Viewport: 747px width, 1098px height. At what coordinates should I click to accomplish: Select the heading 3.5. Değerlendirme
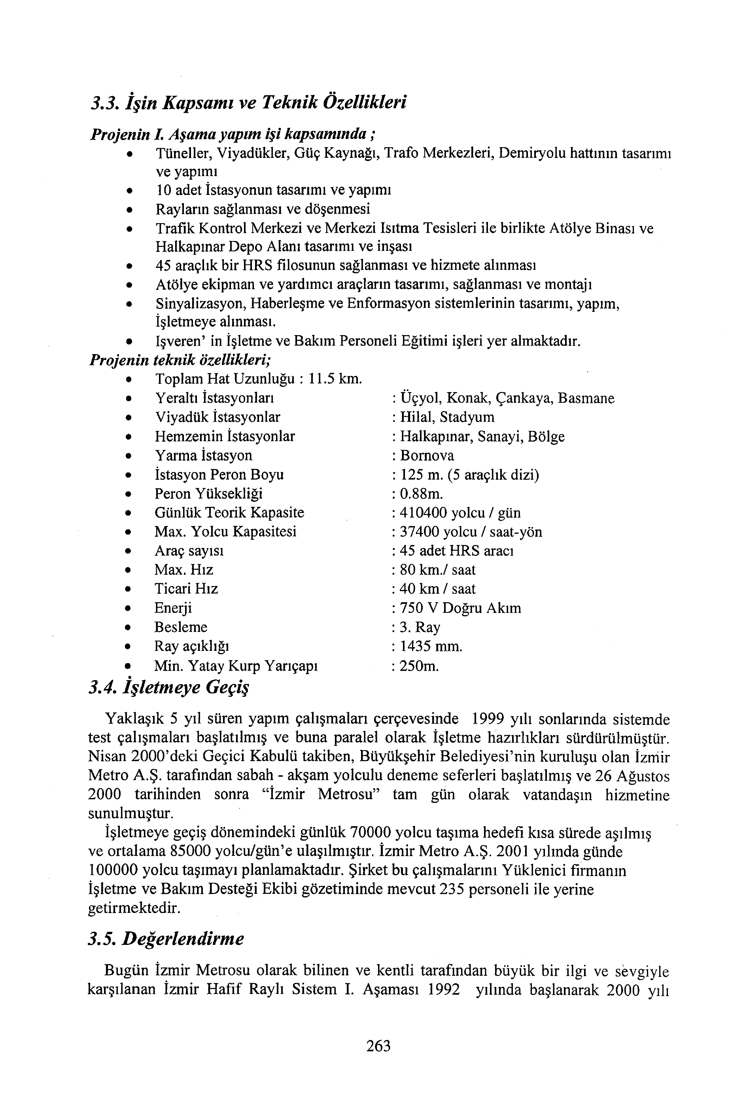166,938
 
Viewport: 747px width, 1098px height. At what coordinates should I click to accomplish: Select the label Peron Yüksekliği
208,494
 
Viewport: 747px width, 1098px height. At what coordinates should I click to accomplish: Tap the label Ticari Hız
186,589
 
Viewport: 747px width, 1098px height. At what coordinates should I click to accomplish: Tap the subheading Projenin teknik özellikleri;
180,360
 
